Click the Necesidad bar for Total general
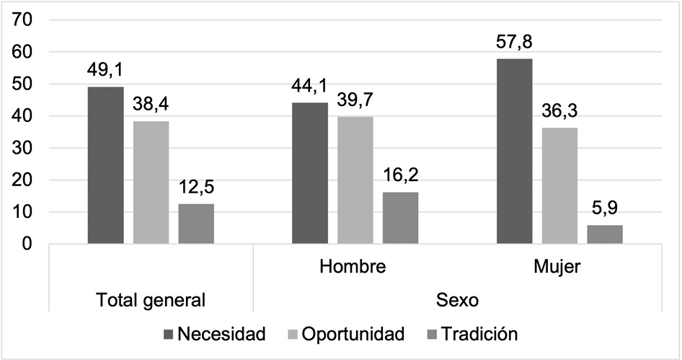(106, 165)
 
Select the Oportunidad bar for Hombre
(355, 180)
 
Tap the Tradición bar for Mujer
(605, 234)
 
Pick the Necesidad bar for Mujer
(515, 152)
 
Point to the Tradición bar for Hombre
(400, 218)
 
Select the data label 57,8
(515, 44)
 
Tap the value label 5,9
(605, 211)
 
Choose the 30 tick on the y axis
(25, 148)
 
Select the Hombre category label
(353, 267)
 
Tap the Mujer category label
(558, 267)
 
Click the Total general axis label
(151, 299)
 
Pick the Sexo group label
(456, 299)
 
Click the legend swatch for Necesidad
(169, 334)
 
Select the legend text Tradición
(479, 334)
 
